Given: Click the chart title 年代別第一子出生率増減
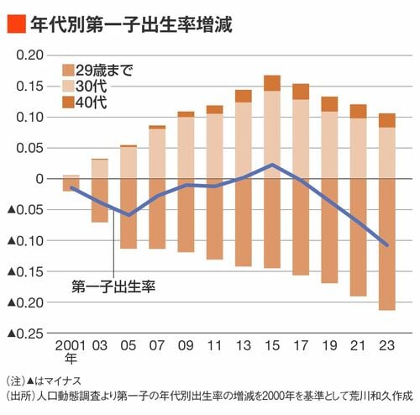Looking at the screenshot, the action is click(131, 24).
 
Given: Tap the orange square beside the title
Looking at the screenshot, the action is click(17, 24).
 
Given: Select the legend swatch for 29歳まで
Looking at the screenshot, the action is click(68, 71).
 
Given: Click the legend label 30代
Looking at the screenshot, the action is click(92, 87).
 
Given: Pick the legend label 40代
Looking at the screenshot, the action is click(92, 102).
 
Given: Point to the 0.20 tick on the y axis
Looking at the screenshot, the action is click(30, 55).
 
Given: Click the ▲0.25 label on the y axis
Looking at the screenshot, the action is click(26, 334).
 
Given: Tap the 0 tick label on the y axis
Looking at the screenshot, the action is click(39, 179).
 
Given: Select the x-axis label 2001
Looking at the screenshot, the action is click(71, 346).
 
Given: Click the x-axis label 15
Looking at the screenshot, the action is click(272, 346).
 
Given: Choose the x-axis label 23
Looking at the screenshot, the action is click(386, 346).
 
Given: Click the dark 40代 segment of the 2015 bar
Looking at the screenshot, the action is click(272, 83).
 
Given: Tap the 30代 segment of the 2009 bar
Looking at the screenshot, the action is click(186, 148).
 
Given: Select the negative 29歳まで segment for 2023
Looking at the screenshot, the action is click(387, 244).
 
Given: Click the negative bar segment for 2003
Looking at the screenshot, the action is click(100, 201).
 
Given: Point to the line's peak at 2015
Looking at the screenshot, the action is click(272, 165).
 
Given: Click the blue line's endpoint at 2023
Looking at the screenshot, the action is click(387, 245).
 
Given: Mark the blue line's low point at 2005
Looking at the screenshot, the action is click(129, 215).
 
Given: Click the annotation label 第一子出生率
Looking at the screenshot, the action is click(113, 286).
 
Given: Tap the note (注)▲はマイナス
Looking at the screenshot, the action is click(44, 381).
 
